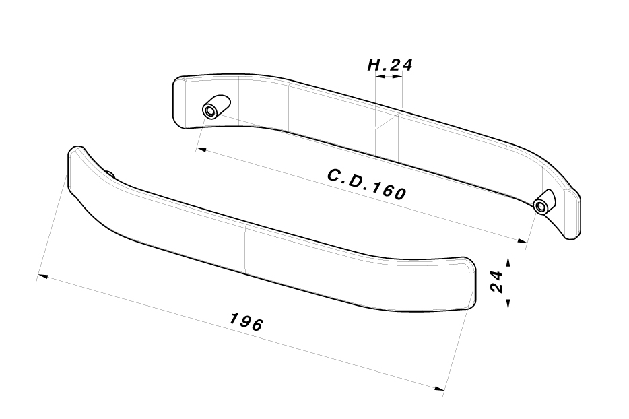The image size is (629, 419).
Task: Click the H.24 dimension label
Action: pyautogui.click(x=389, y=65)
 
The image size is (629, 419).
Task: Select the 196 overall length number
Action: pyautogui.click(x=246, y=321)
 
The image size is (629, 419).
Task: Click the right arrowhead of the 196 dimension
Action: pyautogui.click(x=441, y=389)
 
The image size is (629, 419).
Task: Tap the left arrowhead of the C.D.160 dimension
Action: pyautogui.click(x=199, y=151)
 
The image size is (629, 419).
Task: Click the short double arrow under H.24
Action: pyautogui.click(x=389, y=77)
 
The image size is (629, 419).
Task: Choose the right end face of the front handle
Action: pyautogui.click(x=470, y=284)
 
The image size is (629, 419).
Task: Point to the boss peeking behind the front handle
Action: pyautogui.click(x=109, y=174)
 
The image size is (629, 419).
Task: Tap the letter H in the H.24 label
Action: pyautogui.click(x=374, y=65)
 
